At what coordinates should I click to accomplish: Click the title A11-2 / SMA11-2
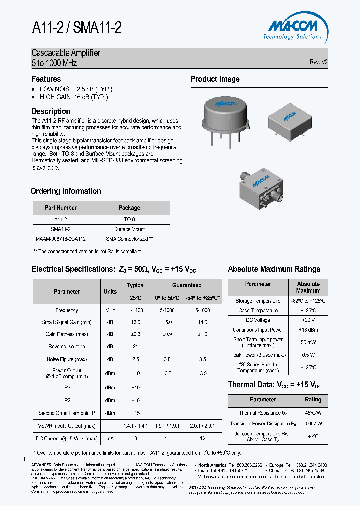click(x=76, y=28)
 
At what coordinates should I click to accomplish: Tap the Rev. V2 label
click(x=318, y=62)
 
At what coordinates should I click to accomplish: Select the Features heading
click(x=46, y=79)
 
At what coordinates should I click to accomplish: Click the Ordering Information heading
click(x=66, y=191)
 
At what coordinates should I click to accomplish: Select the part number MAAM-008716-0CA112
click(x=61, y=239)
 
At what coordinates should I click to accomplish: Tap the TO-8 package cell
click(x=129, y=219)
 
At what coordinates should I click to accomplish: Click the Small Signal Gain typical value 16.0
click(x=135, y=323)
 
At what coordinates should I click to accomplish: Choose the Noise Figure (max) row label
click(x=67, y=359)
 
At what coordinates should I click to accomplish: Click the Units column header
click(x=110, y=292)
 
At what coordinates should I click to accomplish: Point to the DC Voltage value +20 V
click(x=308, y=320)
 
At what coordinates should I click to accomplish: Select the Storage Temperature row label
click(x=258, y=301)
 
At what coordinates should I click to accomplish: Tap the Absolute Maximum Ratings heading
click(x=274, y=269)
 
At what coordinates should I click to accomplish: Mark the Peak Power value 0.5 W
click(x=308, y=355)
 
